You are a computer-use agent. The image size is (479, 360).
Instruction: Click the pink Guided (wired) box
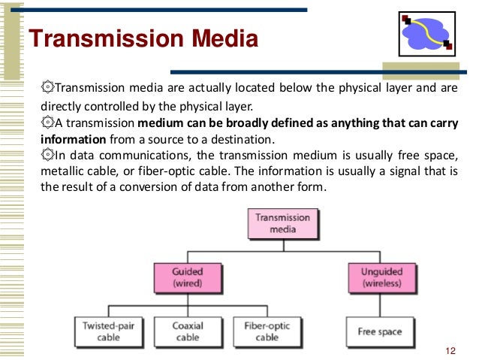[186, 277]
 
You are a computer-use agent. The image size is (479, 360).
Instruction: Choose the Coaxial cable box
[187, 331]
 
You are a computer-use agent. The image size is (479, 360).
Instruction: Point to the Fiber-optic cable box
[261, 331]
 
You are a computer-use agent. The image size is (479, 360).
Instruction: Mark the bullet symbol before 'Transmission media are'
[49, 87]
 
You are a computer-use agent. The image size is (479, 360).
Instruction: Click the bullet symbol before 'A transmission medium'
[49, 123]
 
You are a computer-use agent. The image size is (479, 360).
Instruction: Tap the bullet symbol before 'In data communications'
[49, 156]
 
